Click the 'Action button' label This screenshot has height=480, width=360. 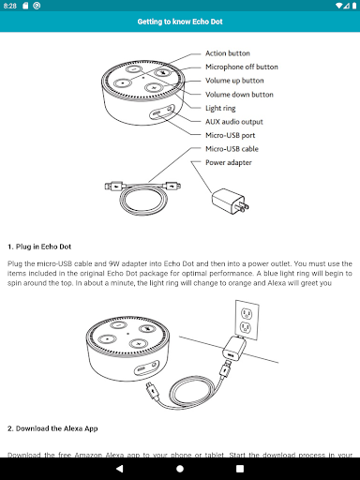(x=229, y=54)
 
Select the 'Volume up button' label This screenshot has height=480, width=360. (x=235, y=81)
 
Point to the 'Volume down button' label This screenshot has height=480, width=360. (x=239, y=95)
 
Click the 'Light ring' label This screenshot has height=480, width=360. (x=222, y=108)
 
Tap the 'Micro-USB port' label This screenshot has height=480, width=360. (x=231, y=135)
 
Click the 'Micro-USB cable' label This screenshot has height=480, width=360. (x=232, y=149)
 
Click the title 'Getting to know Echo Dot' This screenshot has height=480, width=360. (x=179, y=21)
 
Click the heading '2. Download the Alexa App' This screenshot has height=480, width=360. (x=52, y=427)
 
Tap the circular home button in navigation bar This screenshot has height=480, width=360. (x=180, y=467)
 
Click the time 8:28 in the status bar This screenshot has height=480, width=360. (x=9, y=6)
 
